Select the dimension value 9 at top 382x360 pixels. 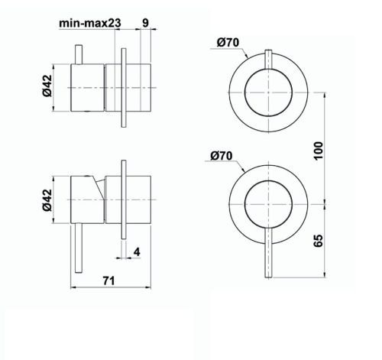[x=145, y=22]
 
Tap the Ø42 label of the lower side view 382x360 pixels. [x=47, y=201]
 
